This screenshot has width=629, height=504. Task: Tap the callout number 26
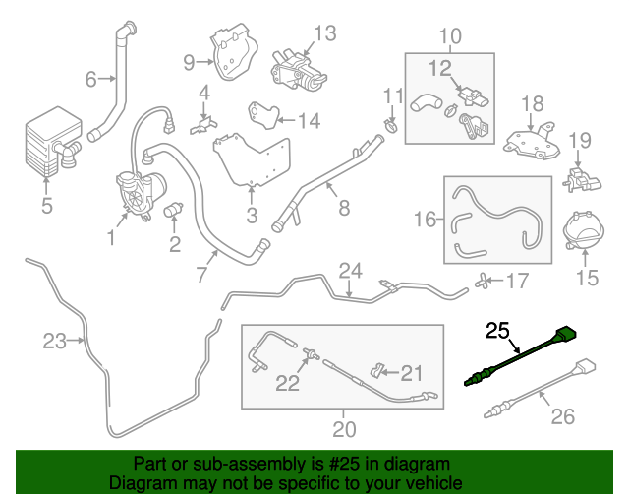pos(561,416)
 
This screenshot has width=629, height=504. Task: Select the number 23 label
pos(55,342)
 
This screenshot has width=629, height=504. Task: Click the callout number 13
pos(323,32)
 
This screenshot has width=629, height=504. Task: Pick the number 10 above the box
pos(449,37)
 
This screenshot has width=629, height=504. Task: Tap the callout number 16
pos(424,218)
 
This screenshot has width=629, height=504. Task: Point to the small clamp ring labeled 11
pos(391,125)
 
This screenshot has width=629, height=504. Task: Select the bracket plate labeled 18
pos(531,140)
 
